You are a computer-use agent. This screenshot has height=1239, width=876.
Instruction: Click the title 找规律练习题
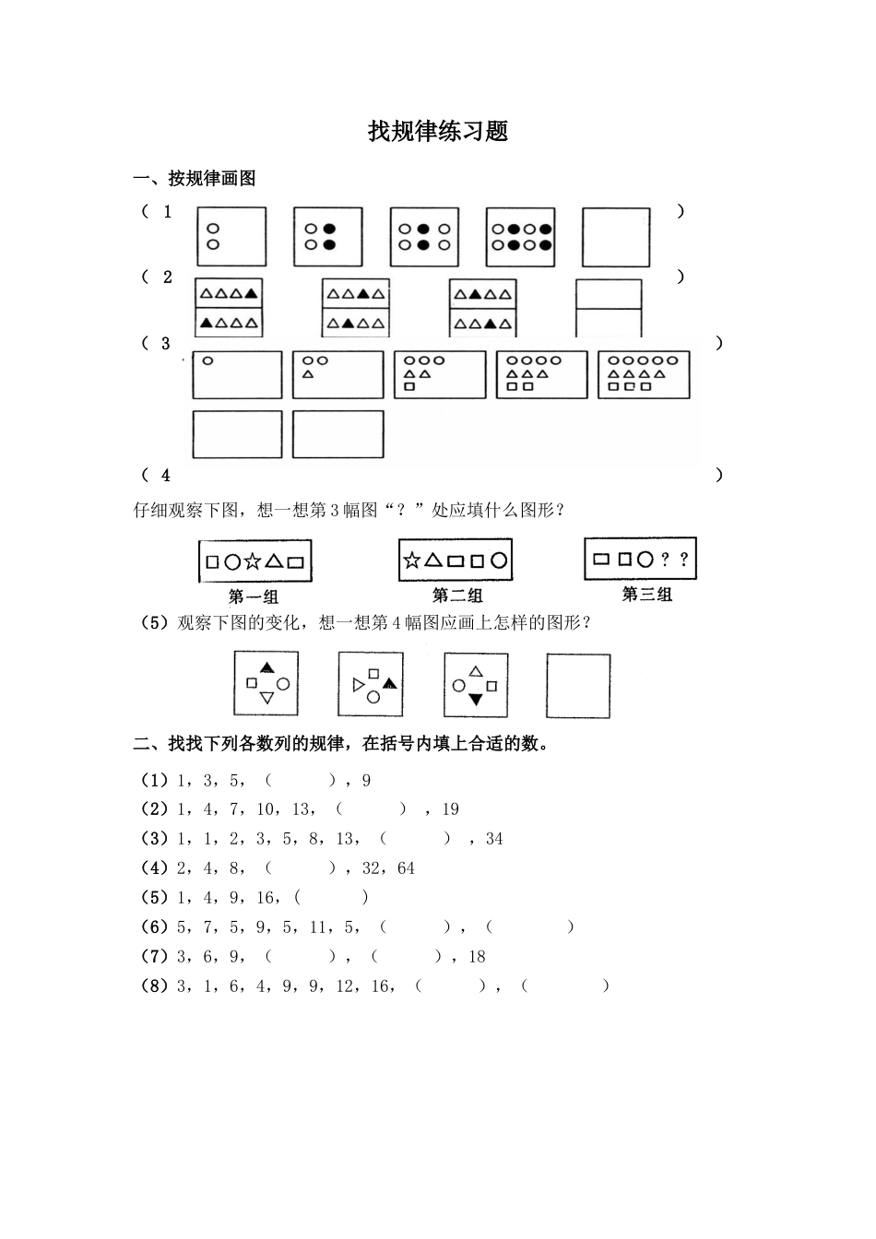(438, 132)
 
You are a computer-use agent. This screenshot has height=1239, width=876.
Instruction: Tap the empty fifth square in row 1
(616, 237)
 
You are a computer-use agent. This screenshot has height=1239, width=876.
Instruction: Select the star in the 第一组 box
(253, 560)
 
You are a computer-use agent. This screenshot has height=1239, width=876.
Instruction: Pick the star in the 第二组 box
(412, 560)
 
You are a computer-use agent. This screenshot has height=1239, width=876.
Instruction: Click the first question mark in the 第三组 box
(665, 559)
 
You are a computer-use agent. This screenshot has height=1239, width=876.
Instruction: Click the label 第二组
(457, 596)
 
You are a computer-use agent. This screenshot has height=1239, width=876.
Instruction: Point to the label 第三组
(646, 595)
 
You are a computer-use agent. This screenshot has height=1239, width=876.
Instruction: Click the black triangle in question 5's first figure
(267, 667)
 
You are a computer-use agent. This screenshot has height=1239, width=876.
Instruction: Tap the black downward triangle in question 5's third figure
(476, 700)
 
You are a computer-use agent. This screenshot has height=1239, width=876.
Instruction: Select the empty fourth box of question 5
(578, 686)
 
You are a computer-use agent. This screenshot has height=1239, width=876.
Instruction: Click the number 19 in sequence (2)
(450, 809)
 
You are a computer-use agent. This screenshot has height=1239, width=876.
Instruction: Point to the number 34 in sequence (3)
(494, 839)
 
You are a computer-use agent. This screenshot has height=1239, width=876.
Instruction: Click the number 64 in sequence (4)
(406, 868)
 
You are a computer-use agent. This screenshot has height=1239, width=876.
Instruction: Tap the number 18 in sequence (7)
(477, 957)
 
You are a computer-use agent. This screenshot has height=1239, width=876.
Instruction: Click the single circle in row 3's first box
(207, 361)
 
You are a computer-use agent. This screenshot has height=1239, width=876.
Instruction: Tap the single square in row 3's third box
(409, 387)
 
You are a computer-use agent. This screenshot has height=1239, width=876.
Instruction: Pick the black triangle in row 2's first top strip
(251, 294)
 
